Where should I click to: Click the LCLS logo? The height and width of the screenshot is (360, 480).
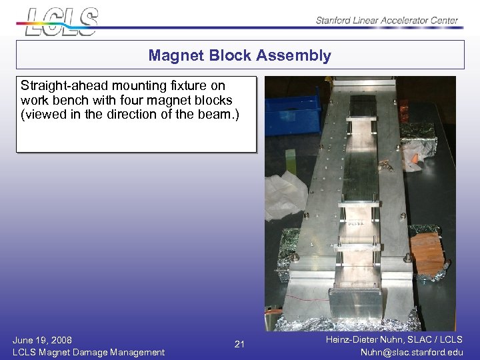tap(62, 21)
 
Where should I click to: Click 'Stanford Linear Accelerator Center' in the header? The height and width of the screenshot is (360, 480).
tap(387, 20)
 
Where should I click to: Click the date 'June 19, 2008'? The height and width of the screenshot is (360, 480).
tap(43, 340)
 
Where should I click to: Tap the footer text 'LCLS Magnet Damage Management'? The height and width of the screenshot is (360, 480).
tap(89, 352)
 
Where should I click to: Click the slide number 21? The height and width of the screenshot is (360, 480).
tap(240, 345)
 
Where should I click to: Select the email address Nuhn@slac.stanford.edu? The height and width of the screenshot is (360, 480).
tap(411, 352)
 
